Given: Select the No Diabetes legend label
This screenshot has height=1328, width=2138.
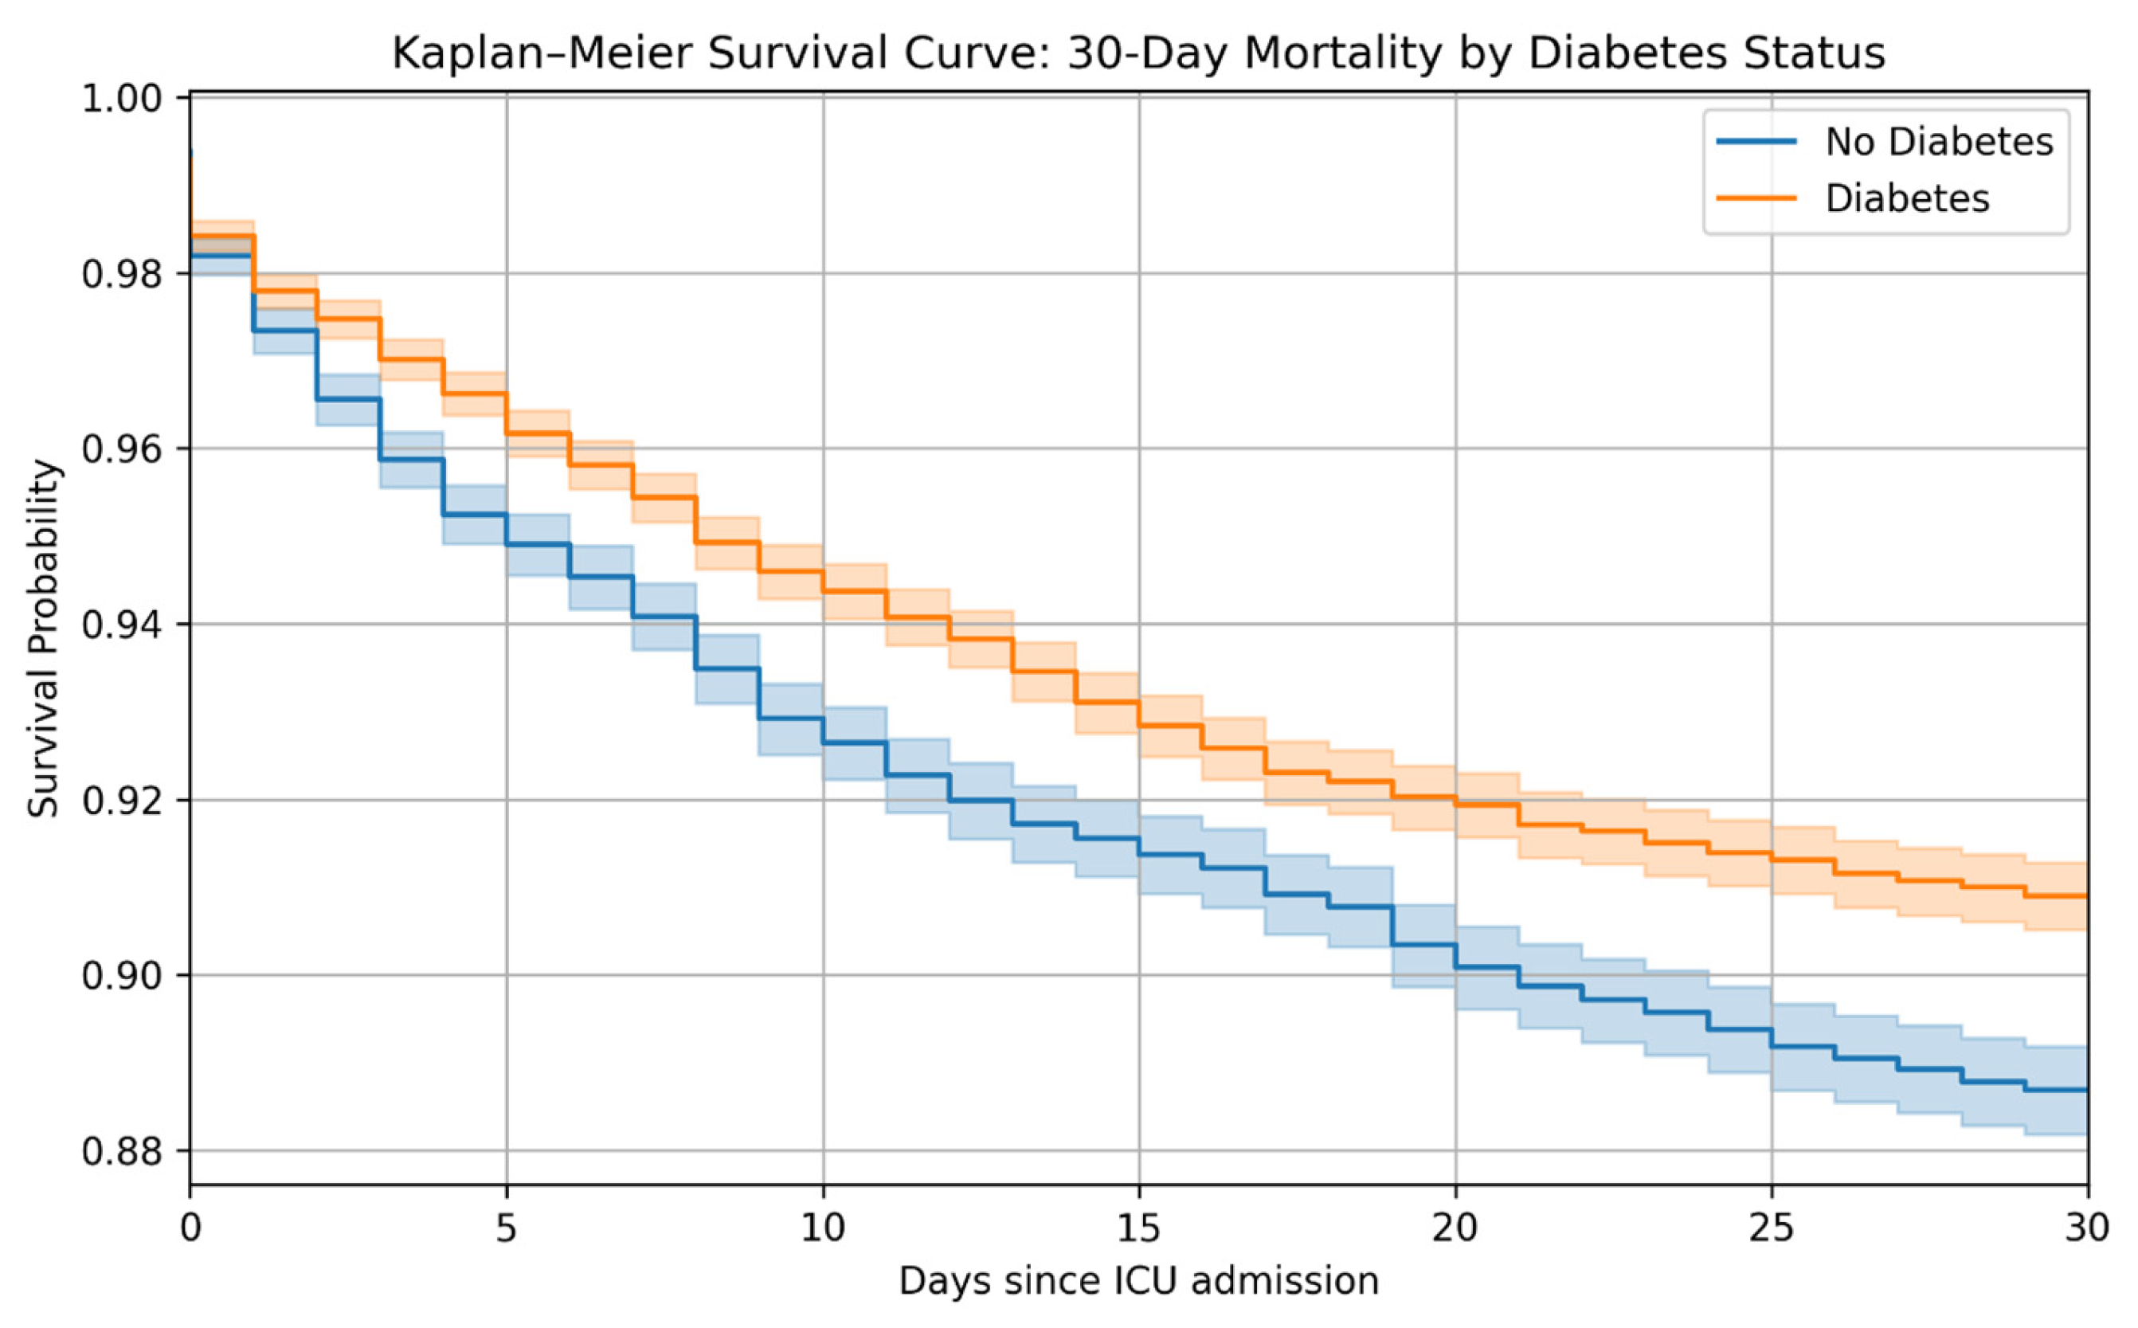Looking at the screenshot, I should click(x=1939, y=142).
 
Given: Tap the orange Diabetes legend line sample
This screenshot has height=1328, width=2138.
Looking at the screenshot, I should click(x=1756, y=198).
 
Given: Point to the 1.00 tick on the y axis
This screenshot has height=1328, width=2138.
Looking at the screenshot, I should click(x=122, y=98).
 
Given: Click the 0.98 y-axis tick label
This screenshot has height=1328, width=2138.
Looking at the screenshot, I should click(x=122, y=274).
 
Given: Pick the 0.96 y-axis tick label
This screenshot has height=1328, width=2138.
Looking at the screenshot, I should click(x=122, y=449).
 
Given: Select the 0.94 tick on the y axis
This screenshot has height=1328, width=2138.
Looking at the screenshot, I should click(x=122, y=625).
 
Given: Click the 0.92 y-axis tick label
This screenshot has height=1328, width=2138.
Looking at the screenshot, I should click(x=122, y=801).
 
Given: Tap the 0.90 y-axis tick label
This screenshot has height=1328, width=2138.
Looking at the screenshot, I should click(x=122, y=976).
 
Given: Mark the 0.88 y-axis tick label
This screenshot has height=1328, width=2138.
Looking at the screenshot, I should click(x=122, y=1151).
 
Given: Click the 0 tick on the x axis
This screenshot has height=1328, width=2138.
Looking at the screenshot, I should click(x=190, y=1228).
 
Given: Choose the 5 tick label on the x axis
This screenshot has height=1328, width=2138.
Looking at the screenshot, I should click(x=507, y=1228).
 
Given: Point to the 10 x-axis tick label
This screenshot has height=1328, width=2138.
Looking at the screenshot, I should click(x=823, y=1228).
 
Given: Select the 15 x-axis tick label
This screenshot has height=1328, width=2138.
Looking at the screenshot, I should click(x=1140, y=1228).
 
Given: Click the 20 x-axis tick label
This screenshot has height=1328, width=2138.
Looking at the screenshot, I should click(x=1456, y=1228).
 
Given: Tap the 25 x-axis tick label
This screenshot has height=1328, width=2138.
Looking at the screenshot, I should click(x=1772, y=1228).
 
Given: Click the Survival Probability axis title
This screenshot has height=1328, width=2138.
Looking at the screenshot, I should click(x=44, y=640).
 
